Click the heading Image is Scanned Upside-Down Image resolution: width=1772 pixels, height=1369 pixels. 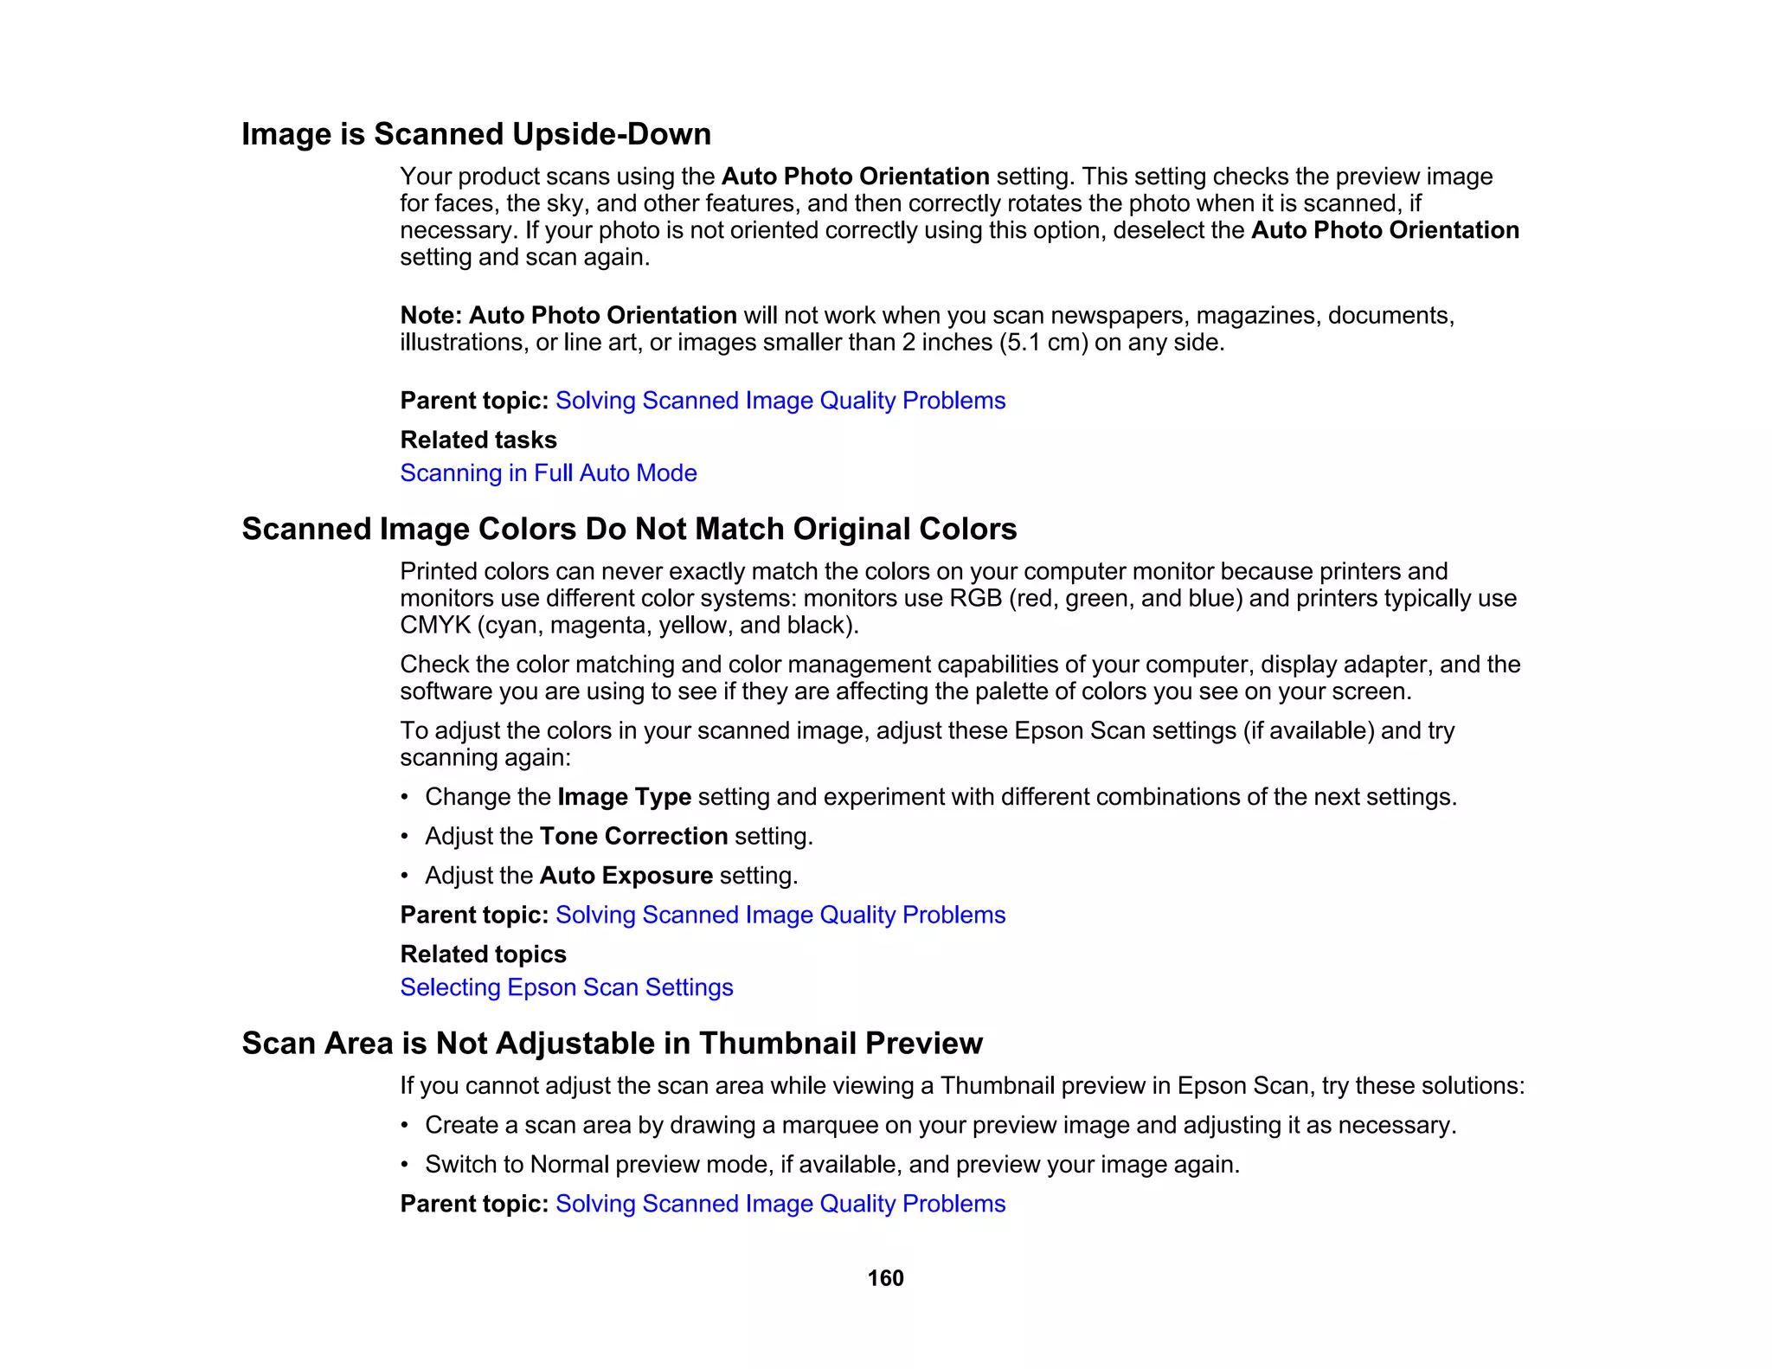(476, 134)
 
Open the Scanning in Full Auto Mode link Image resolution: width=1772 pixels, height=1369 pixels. (548, 473)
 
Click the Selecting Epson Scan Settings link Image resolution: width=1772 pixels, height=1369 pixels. (566, 987)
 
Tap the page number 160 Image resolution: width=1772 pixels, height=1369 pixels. (885, 1278)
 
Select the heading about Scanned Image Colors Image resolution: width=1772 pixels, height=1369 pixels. (629, 529)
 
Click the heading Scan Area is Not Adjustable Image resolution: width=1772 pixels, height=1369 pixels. (612, 1044)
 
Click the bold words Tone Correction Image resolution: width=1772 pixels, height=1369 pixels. (633, 836)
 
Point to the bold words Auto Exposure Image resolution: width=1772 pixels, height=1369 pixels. (626, 876)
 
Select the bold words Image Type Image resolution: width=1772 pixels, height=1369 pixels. (624, 797)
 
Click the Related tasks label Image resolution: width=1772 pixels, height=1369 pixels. (478, 440)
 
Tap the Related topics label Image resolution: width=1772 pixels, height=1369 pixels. (483, 954)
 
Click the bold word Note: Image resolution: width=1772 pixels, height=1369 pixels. (431, 315)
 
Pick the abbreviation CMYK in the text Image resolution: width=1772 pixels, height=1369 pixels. (434, 626)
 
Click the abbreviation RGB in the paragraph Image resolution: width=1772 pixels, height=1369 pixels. (976, 599)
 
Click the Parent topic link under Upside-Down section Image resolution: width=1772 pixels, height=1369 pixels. (780, 401)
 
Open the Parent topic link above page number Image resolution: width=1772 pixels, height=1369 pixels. (780, 1204)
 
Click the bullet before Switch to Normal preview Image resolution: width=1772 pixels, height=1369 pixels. (405, 1165)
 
